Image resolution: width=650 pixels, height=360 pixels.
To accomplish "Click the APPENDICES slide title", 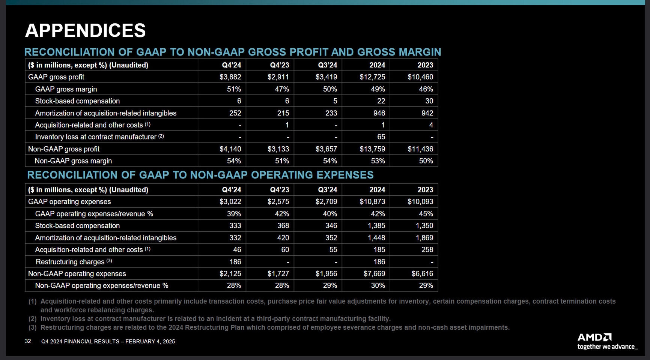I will pyautogui.click(x=85, y=31).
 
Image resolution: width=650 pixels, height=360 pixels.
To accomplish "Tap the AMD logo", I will pyautogui.click(x=594, y=337).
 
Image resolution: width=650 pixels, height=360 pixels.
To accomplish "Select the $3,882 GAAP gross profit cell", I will pyautogui.click(x=230, y=77).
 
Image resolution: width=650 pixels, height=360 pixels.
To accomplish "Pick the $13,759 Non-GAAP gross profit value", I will pyautogui.click(x=372, y=149).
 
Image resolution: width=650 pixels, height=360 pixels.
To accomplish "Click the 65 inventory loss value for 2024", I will pyautogui.click(x=381, y=137).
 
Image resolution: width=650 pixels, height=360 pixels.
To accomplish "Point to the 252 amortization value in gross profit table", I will pyautogui.click(x=235, y=113).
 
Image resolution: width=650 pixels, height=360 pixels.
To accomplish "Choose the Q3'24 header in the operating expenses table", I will pyautogui.click(x=327, y=190).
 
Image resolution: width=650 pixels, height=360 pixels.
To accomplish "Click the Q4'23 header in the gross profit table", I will pyautogui.click(x=279, y=65).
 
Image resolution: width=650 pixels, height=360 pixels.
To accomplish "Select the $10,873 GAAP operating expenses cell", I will pyautogui.click(x=372, y=201).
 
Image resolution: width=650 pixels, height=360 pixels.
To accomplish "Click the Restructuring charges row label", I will pyautogui.click(x=70, y=262).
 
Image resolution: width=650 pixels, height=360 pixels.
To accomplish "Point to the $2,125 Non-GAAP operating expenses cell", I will pyautogui.click(x=230, y=274).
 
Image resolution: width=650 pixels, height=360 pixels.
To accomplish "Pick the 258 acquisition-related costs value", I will pyautogui.click(x=427, y=250).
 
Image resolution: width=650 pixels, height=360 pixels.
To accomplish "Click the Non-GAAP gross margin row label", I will pyautogui.click(x=73, y=161).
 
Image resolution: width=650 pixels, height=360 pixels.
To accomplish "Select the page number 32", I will pyautogui.click(x=28, y=341).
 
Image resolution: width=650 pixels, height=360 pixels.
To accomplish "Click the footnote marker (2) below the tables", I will pyautogui.click(x=33, y=319).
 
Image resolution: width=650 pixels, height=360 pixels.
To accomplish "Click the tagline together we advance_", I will pyautogui.click(x=607, y=347).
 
